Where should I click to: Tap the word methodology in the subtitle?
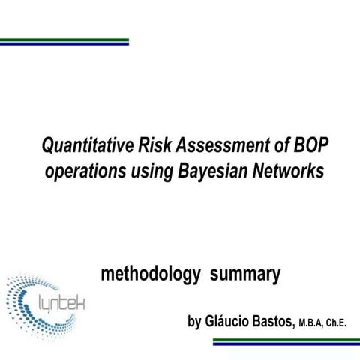tap(150, 275)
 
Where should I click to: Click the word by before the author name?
tap(194, 323)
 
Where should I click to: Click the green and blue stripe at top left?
tap(64, 42)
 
